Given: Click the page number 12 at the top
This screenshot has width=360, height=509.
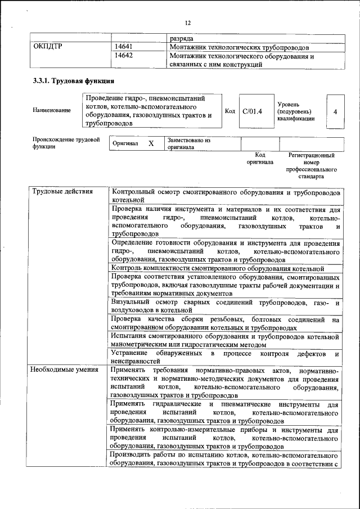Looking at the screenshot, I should (188, 22).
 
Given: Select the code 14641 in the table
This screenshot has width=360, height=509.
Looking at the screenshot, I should (124, 47).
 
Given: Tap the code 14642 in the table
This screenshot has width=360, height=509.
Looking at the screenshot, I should (124, 56).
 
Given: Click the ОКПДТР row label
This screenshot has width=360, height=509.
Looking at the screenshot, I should (48, 47).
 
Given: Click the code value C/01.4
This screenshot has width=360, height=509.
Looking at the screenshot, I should (252, 111).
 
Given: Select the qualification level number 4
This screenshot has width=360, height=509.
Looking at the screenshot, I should (335, 111).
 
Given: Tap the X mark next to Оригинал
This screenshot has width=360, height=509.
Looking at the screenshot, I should (151, 143).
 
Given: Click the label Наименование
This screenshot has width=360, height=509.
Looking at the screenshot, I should (52, 110).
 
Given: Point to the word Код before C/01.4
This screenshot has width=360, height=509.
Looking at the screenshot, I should (230, 111).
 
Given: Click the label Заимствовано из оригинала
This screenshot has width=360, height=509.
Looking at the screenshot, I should (188, 143).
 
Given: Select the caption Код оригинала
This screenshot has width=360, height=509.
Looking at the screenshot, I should (259, 158).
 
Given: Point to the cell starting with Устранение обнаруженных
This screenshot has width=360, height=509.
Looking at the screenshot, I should (225, 357).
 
